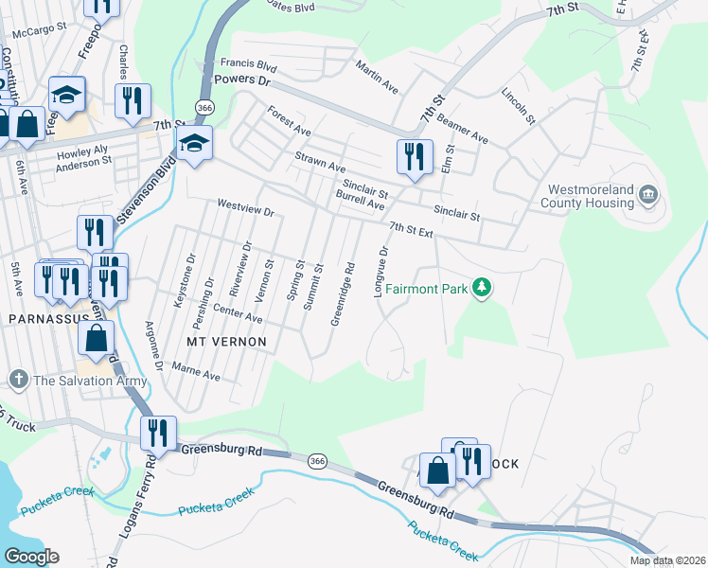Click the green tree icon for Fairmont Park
click(x=482, y=286)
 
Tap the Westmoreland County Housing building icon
click(x=648, y=195)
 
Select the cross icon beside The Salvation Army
click(x=18, y=381)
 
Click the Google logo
click(x=30, y=557)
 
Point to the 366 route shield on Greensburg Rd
click(x=319, y=461)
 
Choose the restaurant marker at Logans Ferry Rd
click(x=158, y=433)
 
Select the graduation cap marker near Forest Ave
click(x=193, y=143)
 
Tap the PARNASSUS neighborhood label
click(x=47, y=320)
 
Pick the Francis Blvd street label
click(x=248, y=66)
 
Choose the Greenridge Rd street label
click(x=343, y=293)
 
